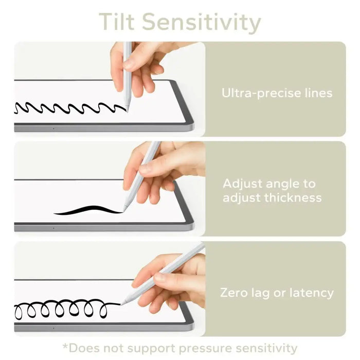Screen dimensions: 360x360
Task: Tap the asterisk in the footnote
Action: coord(65,348)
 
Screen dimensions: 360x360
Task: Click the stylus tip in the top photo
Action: coord(127,110)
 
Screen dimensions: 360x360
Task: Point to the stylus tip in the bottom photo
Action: coord(122,303)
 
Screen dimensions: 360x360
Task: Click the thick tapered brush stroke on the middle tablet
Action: coord(87,210)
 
